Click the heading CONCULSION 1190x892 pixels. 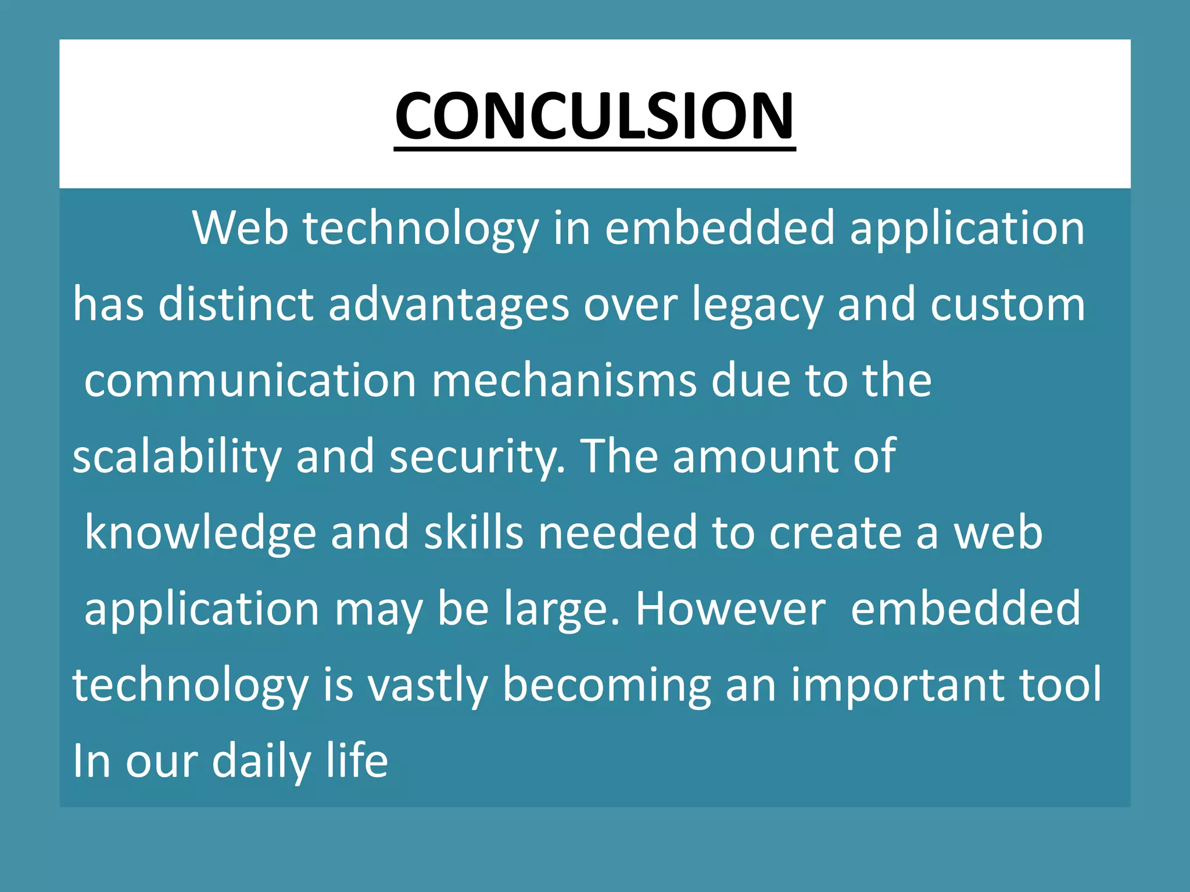[594, 116]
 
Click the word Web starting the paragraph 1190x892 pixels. [240, 228]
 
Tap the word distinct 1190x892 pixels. [236, 304]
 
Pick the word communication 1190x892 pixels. [250, 381]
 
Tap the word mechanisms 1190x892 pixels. [564, 381]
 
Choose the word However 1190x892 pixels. [730, 609]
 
